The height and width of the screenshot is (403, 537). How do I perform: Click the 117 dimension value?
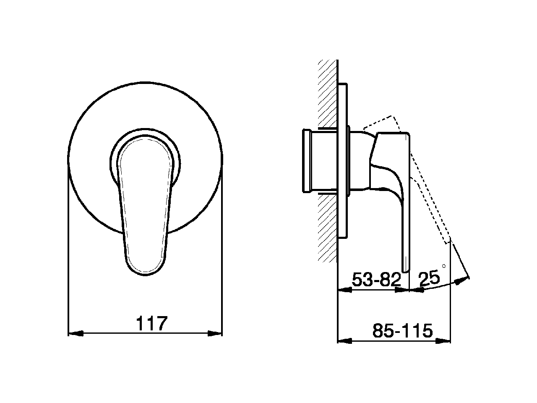coord(152,323)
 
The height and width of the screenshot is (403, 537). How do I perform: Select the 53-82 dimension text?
coord(376,279)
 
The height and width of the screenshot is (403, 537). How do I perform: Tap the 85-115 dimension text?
coord(402,330)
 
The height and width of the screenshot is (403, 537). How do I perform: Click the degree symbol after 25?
coord(444,266)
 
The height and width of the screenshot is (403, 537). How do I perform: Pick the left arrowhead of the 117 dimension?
coord(76,333)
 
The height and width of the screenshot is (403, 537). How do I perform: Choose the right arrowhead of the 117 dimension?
coord(214,333)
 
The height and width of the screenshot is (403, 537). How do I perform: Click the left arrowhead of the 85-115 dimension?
coord(345,341)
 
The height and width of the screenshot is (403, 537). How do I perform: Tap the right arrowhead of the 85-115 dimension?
coord(443,341)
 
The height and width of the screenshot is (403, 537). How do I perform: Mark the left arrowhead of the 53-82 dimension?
coord(345,290)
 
